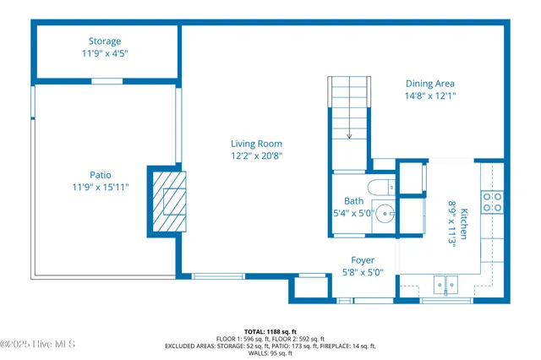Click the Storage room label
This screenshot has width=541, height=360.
click(x=105, y=41)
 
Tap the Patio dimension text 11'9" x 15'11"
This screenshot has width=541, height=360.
click(x=100, y=188)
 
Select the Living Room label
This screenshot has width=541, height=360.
click(x=256, y=144)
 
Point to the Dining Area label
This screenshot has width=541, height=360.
click(x=429, y=84)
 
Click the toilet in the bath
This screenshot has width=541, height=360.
click(x=380, y=187)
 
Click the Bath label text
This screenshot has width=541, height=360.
click(x=353, y=200)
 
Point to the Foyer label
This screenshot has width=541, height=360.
click(x=363, y=260)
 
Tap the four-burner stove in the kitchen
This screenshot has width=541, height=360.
click(x=491, y=202)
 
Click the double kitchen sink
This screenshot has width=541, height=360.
click(x=446, y=285)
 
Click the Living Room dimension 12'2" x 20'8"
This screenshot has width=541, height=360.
click(x=256, y=155)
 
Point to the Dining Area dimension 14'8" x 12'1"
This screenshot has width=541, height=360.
click(x=429, y=95)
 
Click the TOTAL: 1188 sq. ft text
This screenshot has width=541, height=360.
click(x=270, y=331)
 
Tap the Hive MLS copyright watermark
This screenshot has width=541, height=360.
click(x=38, y=344)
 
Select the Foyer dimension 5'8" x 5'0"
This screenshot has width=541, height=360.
click(x=363, y=272)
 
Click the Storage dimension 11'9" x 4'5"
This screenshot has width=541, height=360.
click(x=105, y=53)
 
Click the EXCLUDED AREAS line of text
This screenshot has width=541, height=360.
click(x=270, y=346)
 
